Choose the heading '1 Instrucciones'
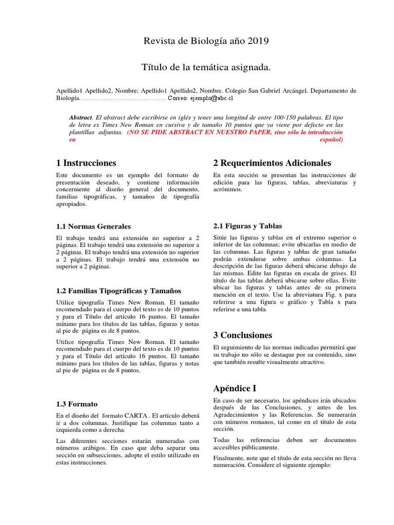(86, 163)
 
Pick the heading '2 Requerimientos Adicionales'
(272, 163)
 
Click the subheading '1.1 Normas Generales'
(93, 226)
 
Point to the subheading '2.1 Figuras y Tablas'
(247, 226)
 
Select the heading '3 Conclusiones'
(243, 335)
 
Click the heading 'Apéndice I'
(234, 388)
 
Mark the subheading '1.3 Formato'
(77, 404)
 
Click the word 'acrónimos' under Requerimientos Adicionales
(228, 190)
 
